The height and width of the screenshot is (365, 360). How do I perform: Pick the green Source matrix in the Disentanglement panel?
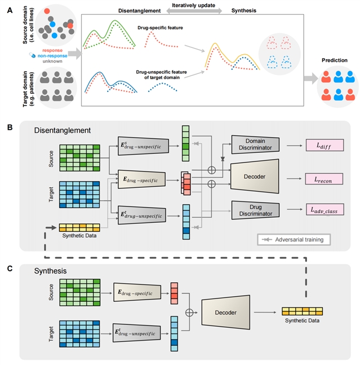[x=80, y=151]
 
